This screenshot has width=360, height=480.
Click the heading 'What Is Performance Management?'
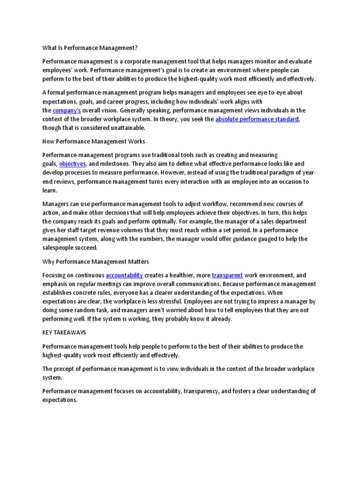pos(90,48)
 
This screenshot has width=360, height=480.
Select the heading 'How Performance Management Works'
pos(94,141)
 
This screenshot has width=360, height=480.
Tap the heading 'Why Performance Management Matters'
pos(96,261)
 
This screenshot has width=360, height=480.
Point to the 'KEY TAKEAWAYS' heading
pos(65,332)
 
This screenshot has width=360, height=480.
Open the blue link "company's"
pos(67,111)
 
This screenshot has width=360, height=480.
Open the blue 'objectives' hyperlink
pos(73,164)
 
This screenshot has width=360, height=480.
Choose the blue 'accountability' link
pos(124,275)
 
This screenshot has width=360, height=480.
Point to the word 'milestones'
pos(113,164)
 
